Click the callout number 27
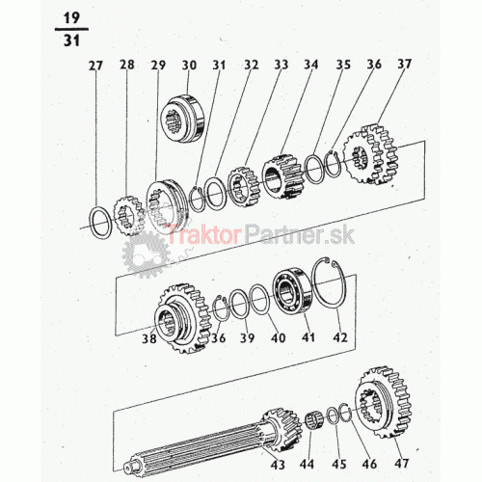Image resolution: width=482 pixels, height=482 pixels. point(95,66)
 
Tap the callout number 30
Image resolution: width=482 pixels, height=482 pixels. point(189,65)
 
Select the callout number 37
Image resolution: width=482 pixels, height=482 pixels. point(404,64)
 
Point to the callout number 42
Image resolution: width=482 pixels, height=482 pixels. point(340,337)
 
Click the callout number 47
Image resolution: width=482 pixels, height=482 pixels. point(402,464)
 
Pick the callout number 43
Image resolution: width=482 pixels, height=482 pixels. point(278,465)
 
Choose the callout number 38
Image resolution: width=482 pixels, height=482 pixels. point(149,338)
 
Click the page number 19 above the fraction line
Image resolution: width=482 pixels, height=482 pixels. point(71,18)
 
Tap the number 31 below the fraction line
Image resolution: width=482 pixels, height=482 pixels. point(71,40)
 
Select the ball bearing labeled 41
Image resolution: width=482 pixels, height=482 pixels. point(292,290)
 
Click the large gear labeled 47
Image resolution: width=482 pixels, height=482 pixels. point(384,403)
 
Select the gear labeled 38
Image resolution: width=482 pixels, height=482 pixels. point(181,319)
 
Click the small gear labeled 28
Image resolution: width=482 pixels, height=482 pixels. point(129,216)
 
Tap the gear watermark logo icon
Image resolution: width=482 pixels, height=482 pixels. point(147,254)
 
